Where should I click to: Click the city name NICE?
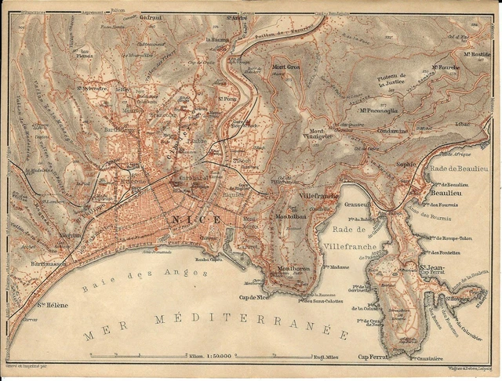pyautogui.click(x=191, y=219)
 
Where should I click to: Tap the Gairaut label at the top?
pyautogui.click(x=151, y=16)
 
